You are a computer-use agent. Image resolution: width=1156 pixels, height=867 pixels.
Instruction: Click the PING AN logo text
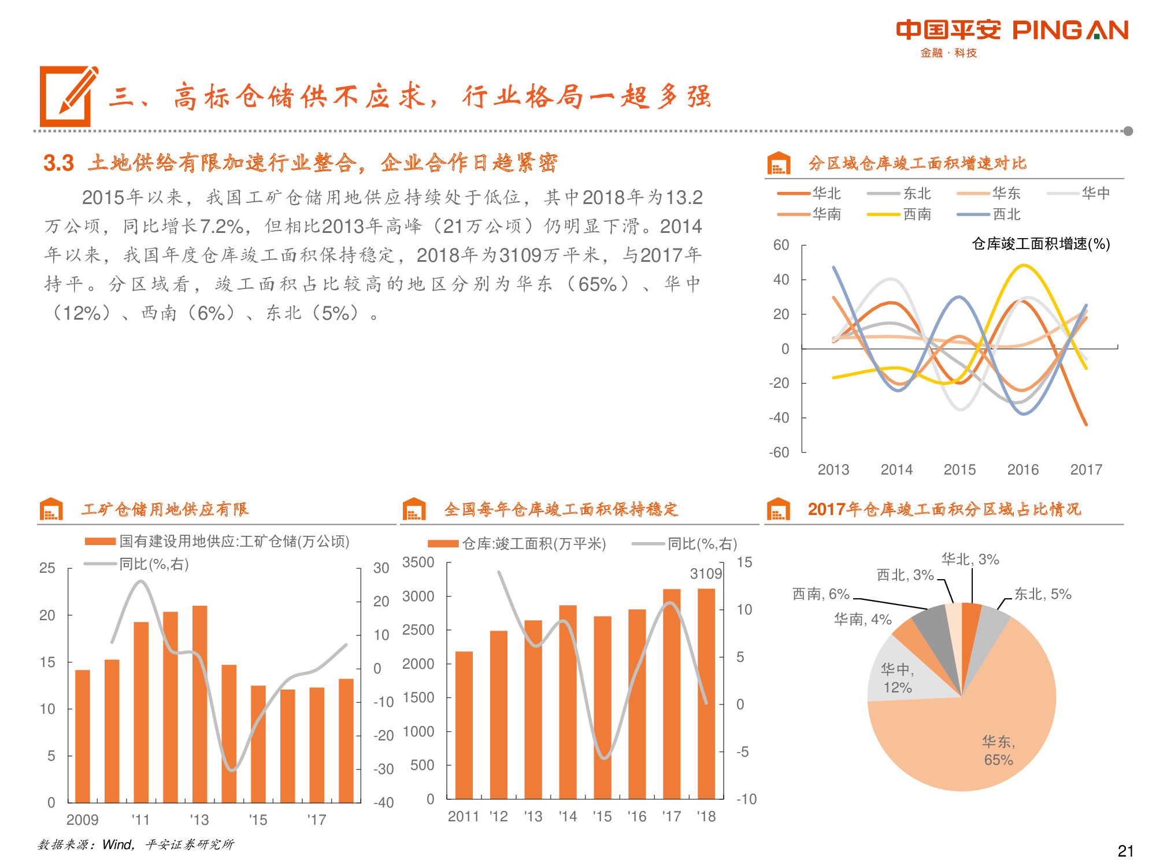(1070, 30)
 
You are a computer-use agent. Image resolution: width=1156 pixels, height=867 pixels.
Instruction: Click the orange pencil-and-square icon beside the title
(68, 96)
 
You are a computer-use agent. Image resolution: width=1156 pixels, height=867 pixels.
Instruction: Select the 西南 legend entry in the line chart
(917, 214)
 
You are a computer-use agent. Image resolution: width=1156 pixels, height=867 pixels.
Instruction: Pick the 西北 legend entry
(1006, 214)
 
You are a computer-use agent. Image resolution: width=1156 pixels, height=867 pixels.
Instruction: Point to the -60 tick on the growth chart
(779, 453)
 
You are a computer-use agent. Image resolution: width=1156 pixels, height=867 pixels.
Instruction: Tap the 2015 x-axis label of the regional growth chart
(959, 470)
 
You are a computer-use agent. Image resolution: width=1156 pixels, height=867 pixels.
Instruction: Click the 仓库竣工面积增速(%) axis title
(1040, 244)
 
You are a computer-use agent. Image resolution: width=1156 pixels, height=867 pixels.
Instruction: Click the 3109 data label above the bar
(706, 574)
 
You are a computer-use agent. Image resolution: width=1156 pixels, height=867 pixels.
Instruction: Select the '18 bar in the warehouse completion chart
(706, 694)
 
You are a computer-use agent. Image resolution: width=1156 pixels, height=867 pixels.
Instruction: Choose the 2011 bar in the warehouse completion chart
(464, 725)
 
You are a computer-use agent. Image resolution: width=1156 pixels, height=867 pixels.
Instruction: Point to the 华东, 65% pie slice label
(998, 750)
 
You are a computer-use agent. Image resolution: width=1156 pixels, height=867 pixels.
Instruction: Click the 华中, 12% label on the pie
(897, 679)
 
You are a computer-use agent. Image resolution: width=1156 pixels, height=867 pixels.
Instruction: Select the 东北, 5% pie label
(1043, 594)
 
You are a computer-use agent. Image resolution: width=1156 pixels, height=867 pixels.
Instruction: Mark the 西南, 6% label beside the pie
(821, 594)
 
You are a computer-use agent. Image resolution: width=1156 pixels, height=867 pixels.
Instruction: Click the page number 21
(1125, 851)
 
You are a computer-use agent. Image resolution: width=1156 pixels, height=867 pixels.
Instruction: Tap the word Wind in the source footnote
(117, 844)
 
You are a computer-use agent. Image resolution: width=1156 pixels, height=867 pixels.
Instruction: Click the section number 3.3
(59, 164)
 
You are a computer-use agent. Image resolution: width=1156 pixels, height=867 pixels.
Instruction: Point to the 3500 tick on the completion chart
(418, 562)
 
